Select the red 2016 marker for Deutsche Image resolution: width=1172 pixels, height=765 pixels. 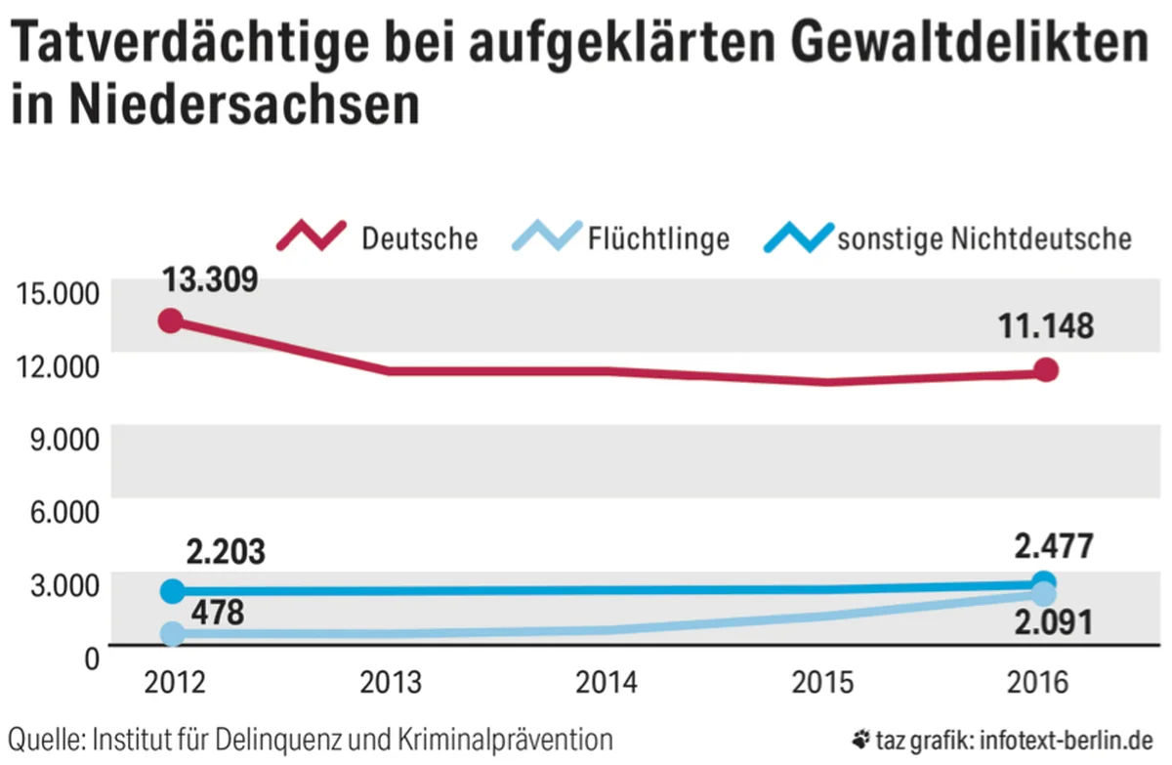pyautogui.click(x=1046, y=369)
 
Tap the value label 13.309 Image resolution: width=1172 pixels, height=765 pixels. pyautogui.click(x=209, y=279)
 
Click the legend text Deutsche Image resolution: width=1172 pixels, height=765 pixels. pyautogui.click(x=420, y=238)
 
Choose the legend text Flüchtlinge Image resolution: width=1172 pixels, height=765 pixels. pyautogui.click(x=659, y=238)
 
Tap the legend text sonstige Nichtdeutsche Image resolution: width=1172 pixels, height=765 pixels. pyautogui.click(x=984, y=238)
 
